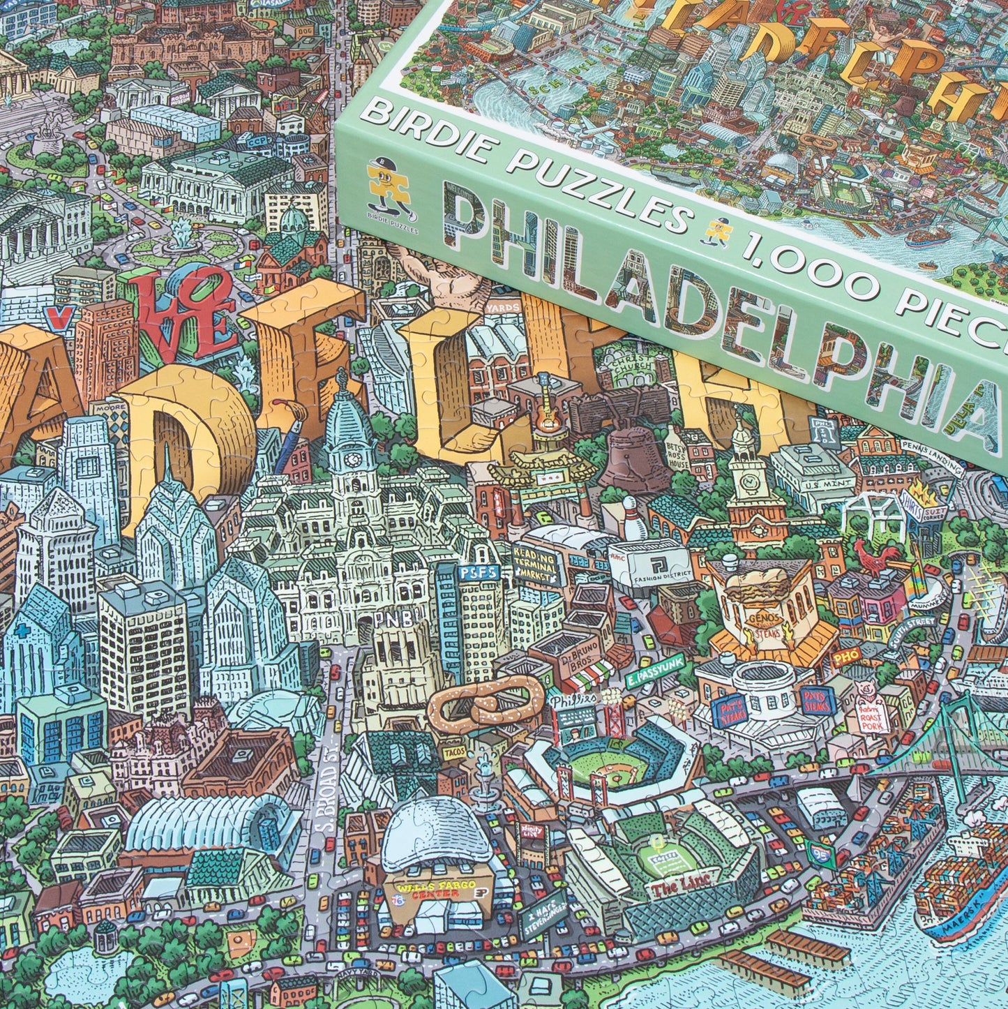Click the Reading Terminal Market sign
(536, 566)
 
